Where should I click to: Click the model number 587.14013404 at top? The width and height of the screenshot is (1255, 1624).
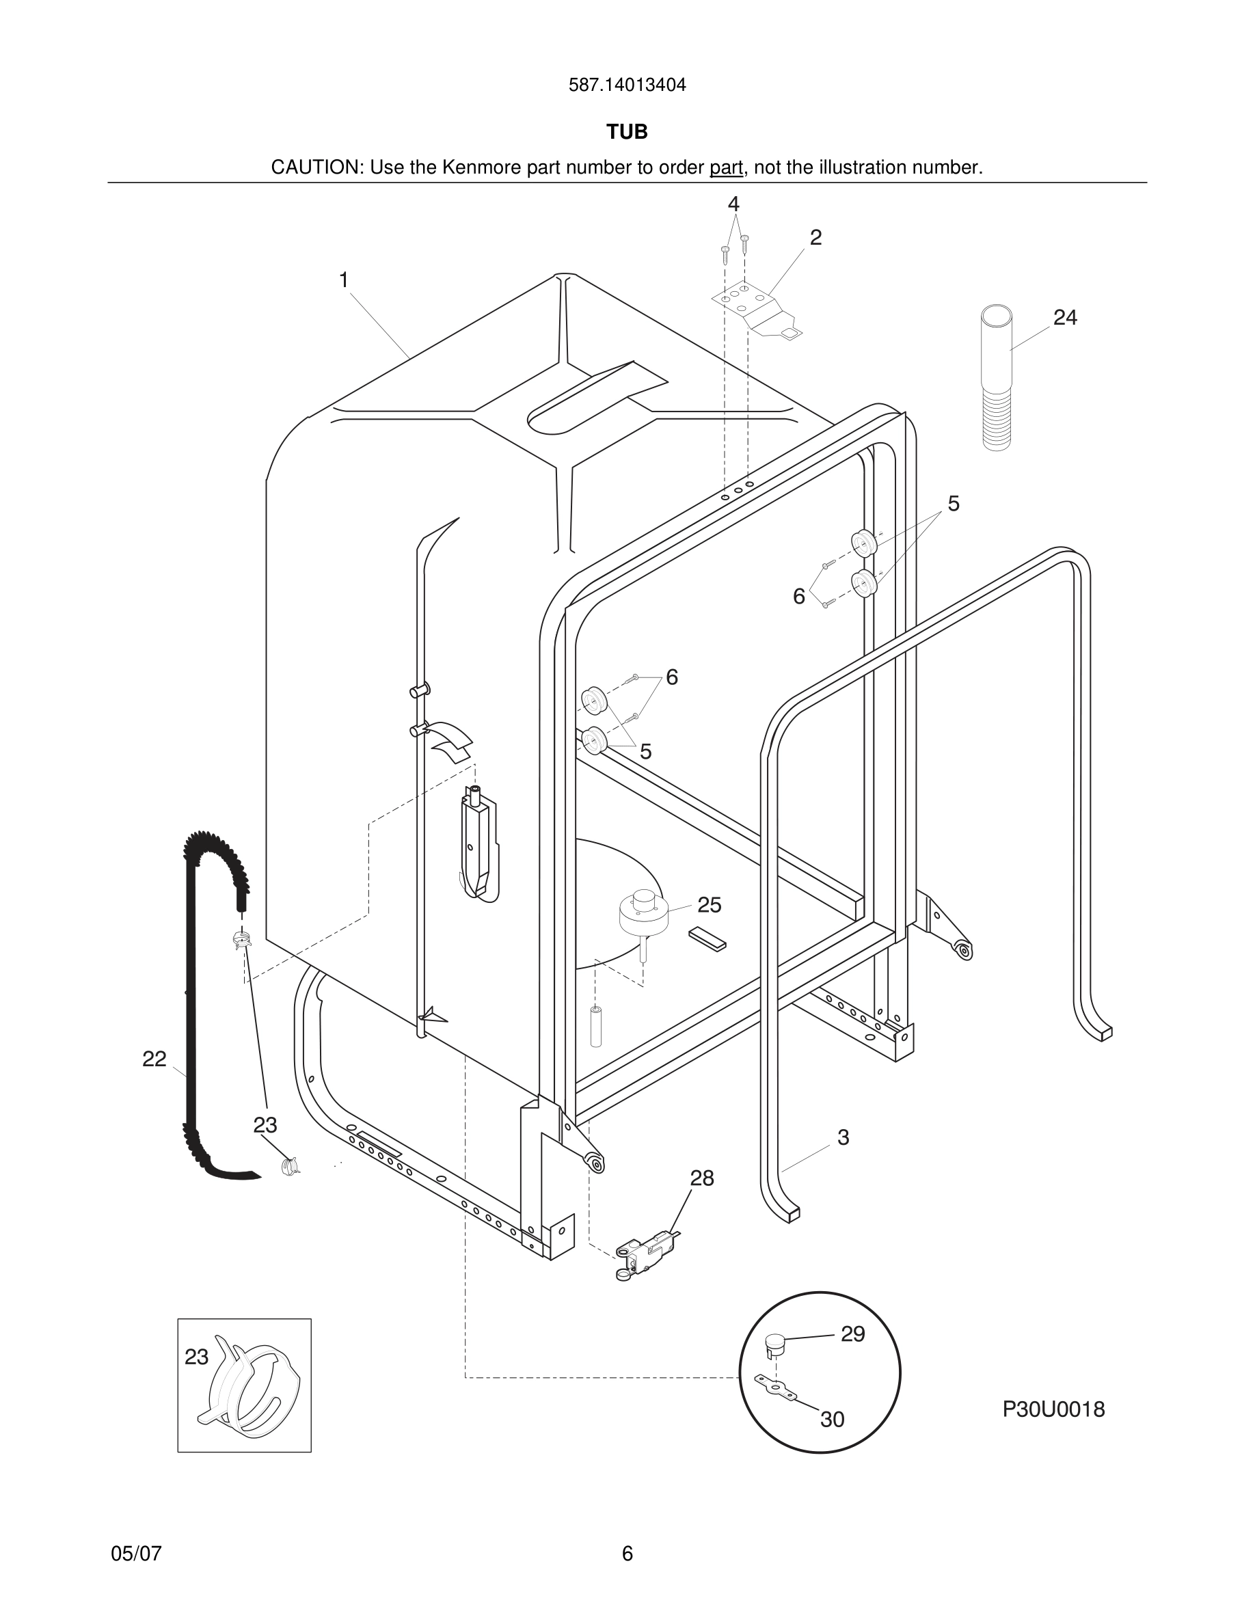[627, 85]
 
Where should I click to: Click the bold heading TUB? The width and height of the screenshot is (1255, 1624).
[627, 132]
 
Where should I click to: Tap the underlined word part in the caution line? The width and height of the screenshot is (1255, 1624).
[726, 168]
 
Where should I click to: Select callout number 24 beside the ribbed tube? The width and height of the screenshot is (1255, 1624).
[1065, 318]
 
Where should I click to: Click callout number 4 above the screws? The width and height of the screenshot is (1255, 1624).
[733, 204]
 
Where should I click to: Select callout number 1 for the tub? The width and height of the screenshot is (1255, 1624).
[344, 280]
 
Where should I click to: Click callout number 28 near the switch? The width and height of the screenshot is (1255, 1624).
[702, 1178]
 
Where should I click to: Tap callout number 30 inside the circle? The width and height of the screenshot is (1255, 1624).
[832, 1420]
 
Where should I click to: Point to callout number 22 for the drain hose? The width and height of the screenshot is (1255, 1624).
[154, 1059]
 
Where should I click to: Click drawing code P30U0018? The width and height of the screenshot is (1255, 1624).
[1053, 1409]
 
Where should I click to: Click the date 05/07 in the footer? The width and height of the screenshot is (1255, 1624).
[136, 1554]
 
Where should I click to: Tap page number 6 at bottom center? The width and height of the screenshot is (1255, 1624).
[627, 1554]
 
